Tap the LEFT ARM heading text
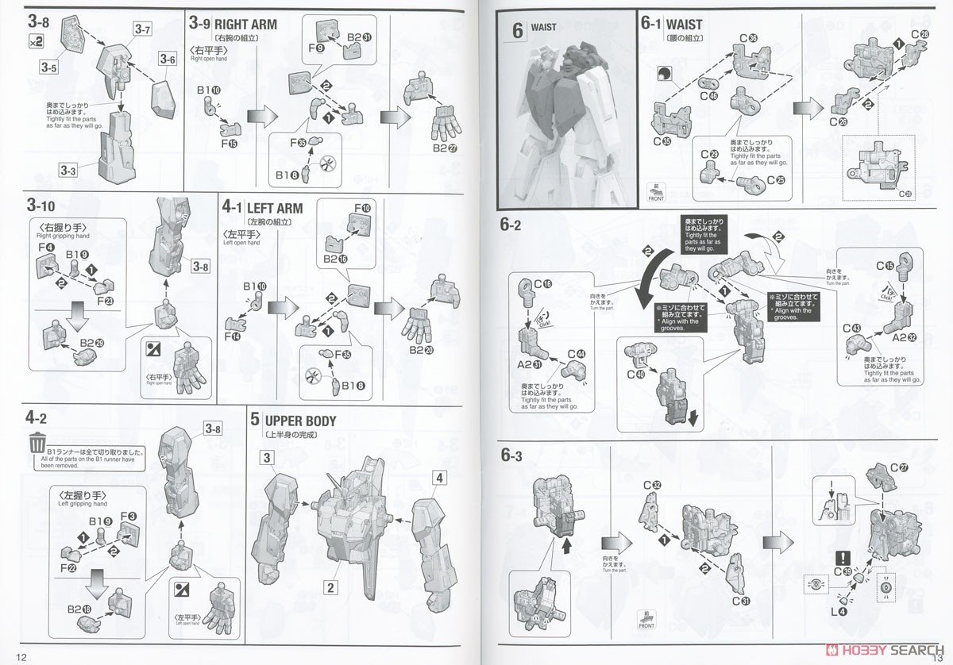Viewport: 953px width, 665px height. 275,208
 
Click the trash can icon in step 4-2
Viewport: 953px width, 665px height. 37,441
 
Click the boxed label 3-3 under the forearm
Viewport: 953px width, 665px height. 69,169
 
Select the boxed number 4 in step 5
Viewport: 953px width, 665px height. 440,479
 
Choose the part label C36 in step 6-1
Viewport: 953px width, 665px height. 747,37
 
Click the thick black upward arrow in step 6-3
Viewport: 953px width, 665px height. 566,547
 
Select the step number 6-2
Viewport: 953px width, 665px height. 511,225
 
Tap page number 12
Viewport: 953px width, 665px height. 21,656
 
